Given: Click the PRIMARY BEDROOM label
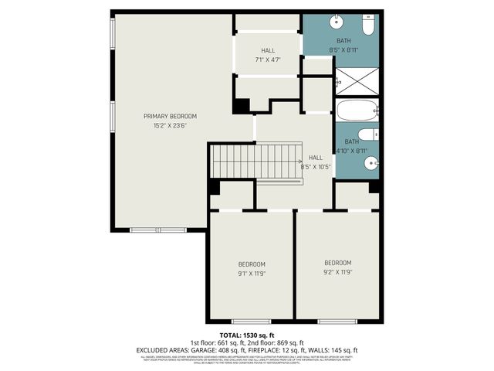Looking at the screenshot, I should click(170, 116).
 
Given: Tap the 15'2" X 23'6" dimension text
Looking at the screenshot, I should click(170, 125).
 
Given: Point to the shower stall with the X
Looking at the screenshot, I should click(357, 79).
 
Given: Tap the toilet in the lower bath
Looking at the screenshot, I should click(368, 134).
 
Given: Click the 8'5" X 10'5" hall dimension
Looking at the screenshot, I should click(315, 166).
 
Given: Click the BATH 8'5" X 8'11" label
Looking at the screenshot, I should click(343, 46).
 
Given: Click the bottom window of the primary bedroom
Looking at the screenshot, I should click(157, 230).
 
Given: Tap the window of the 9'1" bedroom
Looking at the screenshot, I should click(251, 321).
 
